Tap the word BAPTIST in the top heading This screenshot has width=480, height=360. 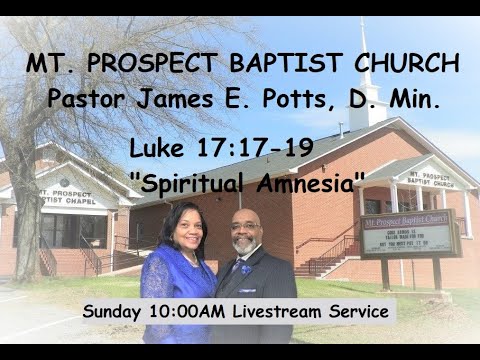[x=274, y=65]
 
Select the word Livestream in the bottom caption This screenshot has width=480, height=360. [x=284, y=311]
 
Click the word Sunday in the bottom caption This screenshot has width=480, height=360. [x=118, y=311]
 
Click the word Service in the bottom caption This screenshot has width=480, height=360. [x=359, y=311]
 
